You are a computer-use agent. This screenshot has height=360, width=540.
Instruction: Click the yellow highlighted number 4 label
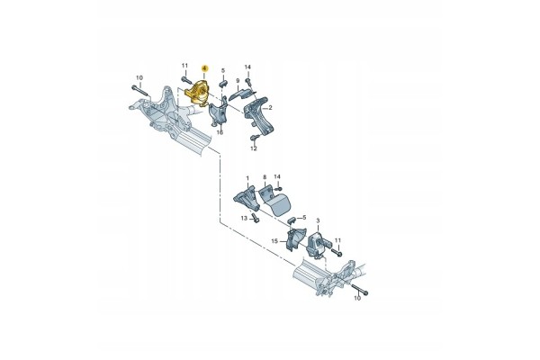(x=205, y=68)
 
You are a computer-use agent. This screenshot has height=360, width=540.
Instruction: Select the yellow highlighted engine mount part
(x=198, y=93)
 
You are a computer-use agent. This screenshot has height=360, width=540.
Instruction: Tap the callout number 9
(x=238, y=81)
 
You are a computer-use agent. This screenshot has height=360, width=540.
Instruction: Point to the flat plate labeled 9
(x=241, y=94)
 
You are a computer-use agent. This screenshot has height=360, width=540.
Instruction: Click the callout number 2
(x=270, y=108)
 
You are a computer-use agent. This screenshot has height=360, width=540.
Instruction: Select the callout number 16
(x=220, y=132)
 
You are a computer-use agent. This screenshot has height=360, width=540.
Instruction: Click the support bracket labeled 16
(x=218, y=113)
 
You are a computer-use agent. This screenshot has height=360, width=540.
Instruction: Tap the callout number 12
(x=254, y=148)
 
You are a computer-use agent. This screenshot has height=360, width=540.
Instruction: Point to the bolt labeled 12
(x=255, y=138)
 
